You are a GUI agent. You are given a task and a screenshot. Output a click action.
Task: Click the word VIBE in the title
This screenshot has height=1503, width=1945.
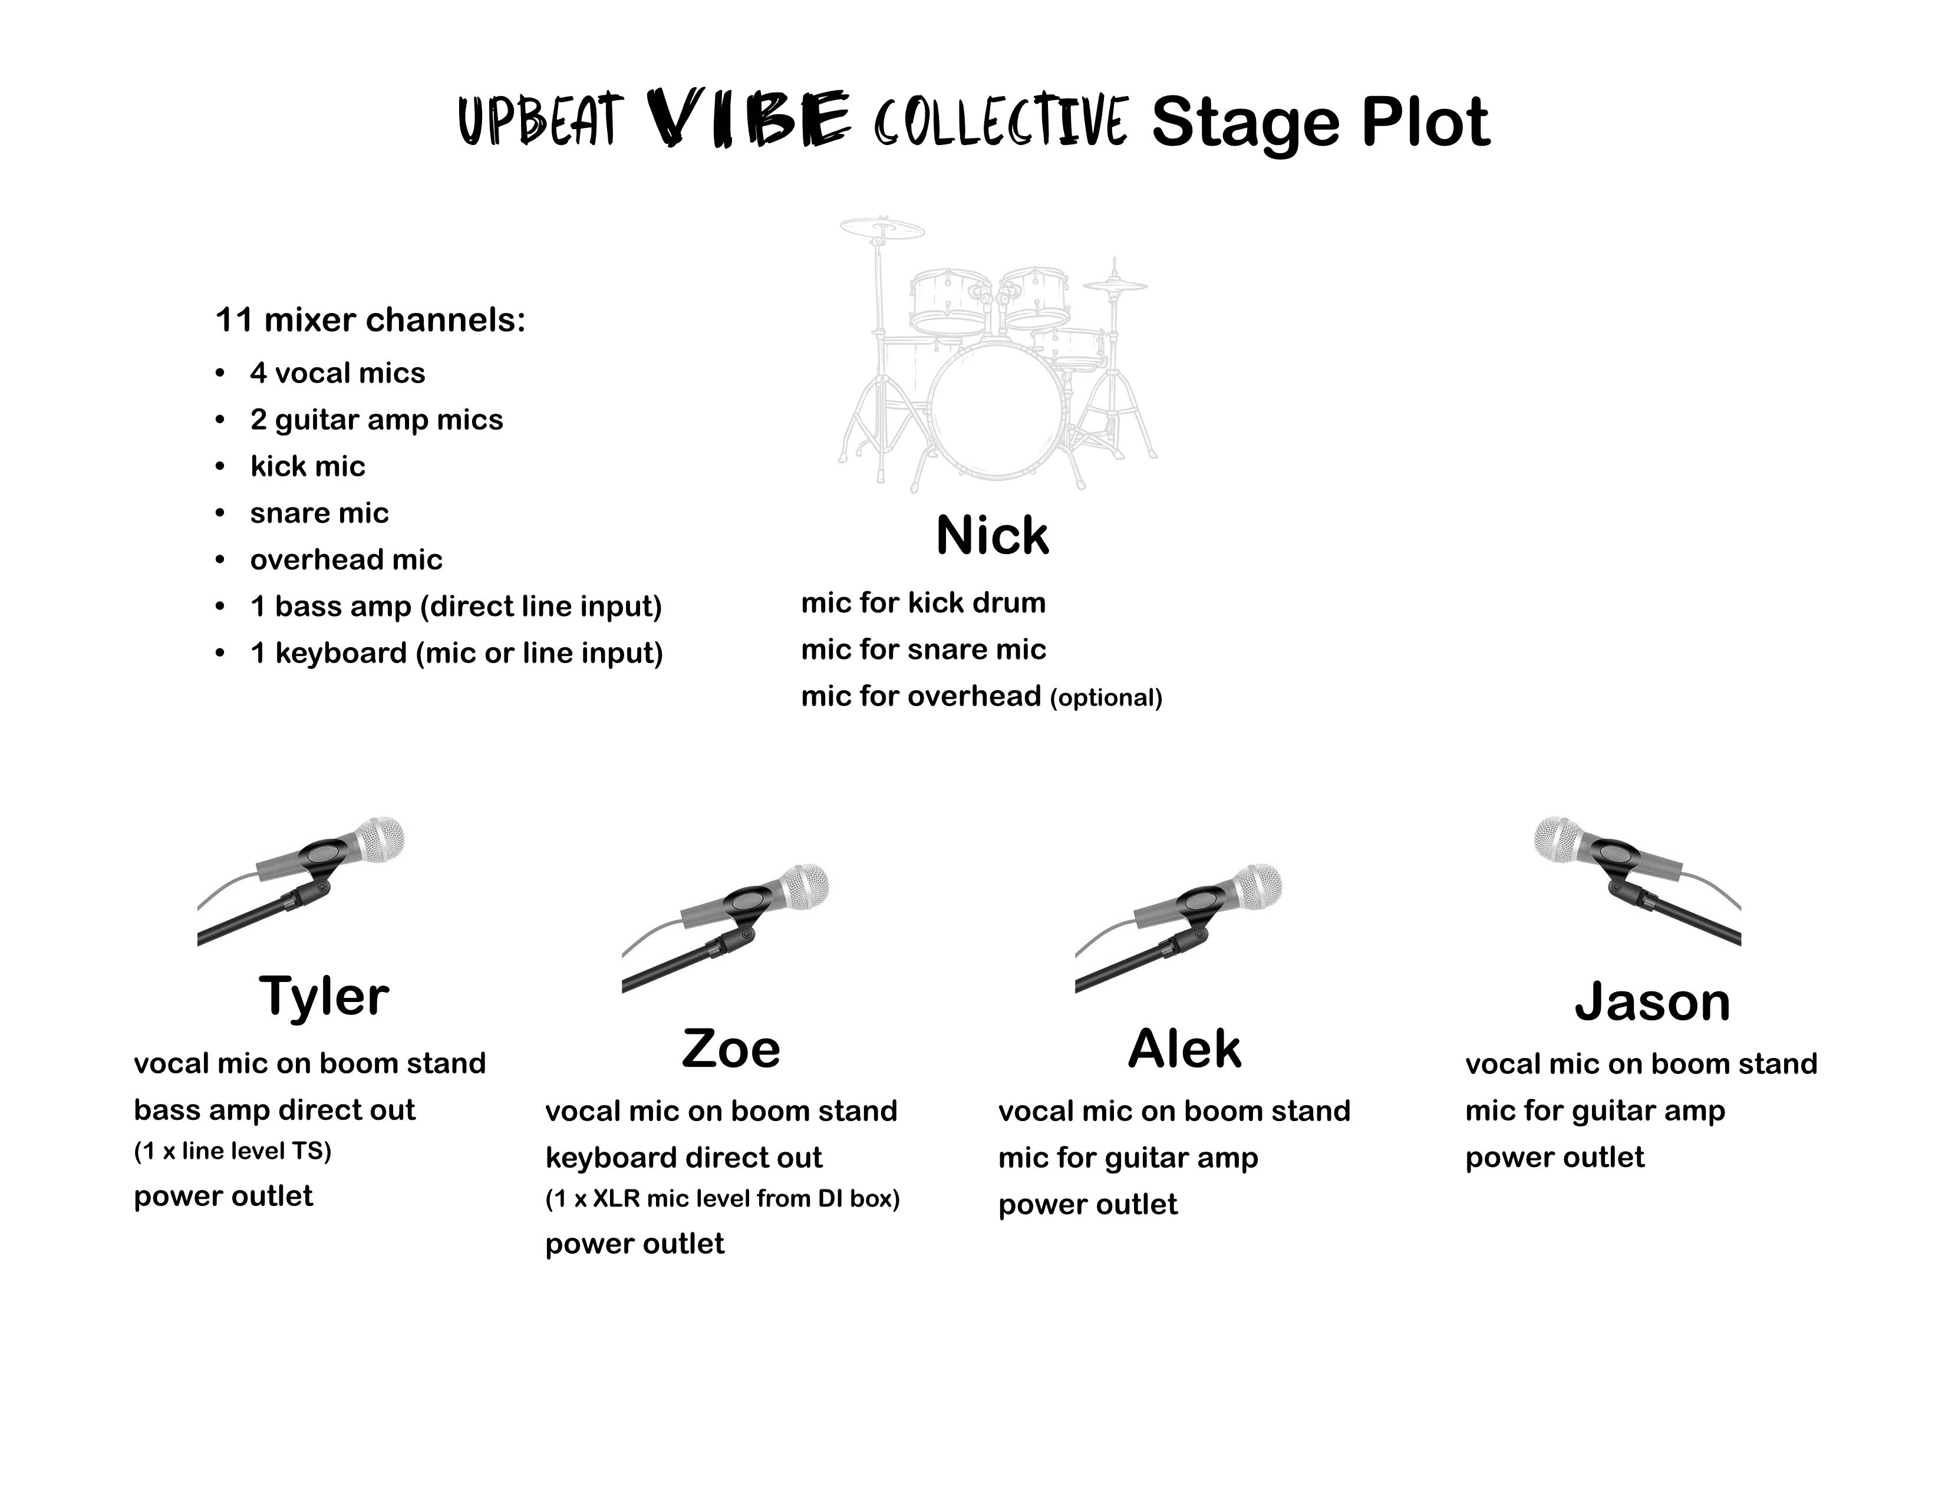coord(747,118)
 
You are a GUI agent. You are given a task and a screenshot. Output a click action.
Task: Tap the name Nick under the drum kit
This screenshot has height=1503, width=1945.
coord(992,536)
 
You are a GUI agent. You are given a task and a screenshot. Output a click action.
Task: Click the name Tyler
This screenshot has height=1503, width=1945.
coord(324,997)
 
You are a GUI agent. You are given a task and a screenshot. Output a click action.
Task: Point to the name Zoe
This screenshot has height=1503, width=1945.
coord(731,1049)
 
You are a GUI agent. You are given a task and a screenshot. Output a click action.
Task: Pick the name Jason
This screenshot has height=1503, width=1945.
coord(1652,1003)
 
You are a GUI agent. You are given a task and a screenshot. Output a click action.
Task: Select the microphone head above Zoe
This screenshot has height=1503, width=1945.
coord(804,887)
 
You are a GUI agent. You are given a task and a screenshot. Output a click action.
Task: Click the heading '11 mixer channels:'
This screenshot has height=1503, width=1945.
coord(371,319)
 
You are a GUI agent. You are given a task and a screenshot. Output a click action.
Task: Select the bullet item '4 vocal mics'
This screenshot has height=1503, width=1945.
coord(338,373)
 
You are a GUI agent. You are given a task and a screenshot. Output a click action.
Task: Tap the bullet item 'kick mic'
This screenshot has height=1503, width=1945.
coord(307,467)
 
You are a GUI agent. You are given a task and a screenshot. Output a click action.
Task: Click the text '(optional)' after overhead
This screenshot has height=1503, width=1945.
coord(1107,697)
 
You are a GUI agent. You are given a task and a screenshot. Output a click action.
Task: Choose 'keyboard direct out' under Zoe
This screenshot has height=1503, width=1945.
coord(684,1158)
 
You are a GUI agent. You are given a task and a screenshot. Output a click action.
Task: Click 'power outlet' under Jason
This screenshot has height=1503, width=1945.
coord(1555,1158)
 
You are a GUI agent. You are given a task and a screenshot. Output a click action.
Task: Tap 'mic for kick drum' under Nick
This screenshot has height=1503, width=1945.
coord(924,603)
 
